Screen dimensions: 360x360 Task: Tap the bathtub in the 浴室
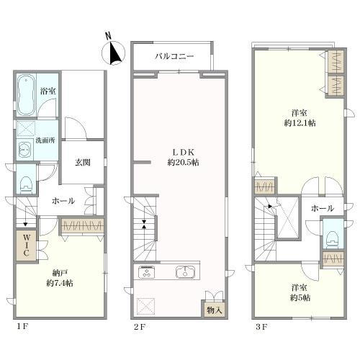[x=26, y=95]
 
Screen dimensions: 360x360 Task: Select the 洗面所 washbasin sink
[x=24, y=150]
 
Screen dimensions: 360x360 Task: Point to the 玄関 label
[x=83, y=163]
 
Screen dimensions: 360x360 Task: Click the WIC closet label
[x=26, y=246]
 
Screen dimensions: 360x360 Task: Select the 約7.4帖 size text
[x=60, y=283]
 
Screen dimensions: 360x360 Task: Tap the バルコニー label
[x=174, y=56]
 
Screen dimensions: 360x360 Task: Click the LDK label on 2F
[x=183, y=152]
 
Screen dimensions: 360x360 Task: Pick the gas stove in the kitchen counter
[x=146, y=272]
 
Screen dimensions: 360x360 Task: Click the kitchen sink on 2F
[x=187, y=272]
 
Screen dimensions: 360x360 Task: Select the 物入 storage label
[x=215, y=310]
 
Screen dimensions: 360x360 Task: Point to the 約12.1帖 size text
[x=300, y=123]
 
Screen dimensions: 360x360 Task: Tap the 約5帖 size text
[x=300, y=298]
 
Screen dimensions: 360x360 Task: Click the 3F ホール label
[x=323, y=208]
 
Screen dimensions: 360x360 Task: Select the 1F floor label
[x=22, y=326]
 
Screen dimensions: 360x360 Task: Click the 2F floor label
[x=140, y=327]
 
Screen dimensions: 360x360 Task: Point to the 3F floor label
[x=261, y=327]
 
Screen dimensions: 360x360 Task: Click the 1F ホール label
[x=63, y=201]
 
